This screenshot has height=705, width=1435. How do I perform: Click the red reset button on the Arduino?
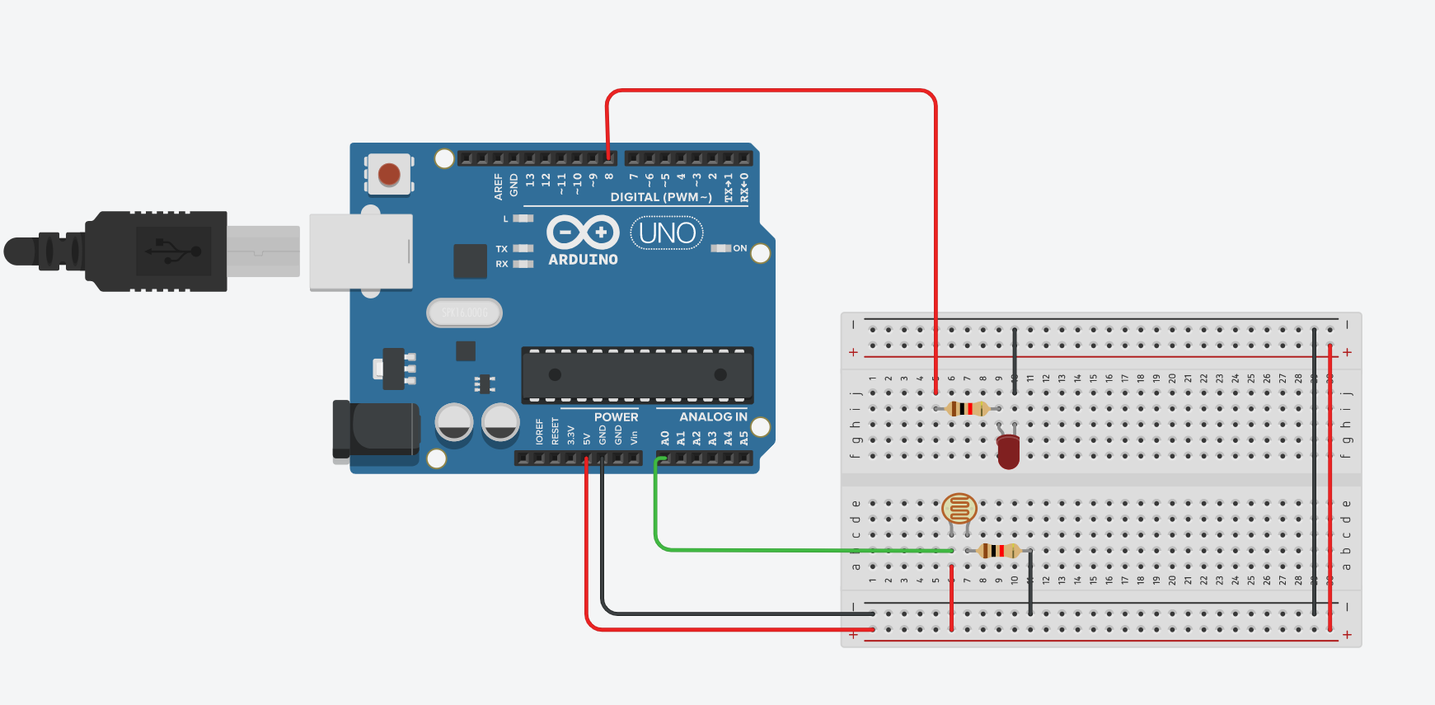[389, 174]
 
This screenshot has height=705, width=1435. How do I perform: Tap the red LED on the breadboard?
[1008, 451]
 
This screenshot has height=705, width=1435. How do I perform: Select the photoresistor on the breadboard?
[959, 509]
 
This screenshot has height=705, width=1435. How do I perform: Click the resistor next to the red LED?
[967, 408]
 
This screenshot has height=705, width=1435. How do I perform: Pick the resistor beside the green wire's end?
[998, 551]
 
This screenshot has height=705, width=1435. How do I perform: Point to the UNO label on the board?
[667, 233]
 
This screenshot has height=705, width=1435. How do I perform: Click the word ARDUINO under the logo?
[583, 260]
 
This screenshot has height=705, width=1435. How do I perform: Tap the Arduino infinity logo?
[583, 233]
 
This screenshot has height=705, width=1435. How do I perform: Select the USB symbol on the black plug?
[172, 250]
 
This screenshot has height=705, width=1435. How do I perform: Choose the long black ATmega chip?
[637, 375]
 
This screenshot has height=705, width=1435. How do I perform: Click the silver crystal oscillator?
[464, 313]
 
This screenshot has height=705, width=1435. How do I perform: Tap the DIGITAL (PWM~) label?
[661, 197]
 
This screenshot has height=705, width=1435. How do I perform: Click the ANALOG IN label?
[713, 417]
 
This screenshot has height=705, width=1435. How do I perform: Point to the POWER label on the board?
[616, 417]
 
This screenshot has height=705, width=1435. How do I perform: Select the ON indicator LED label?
[739, 248]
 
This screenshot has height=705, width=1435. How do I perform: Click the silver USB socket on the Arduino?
[361, 251]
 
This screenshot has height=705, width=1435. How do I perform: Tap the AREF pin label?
[498, 186]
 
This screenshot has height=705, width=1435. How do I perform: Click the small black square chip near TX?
[470, 261]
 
